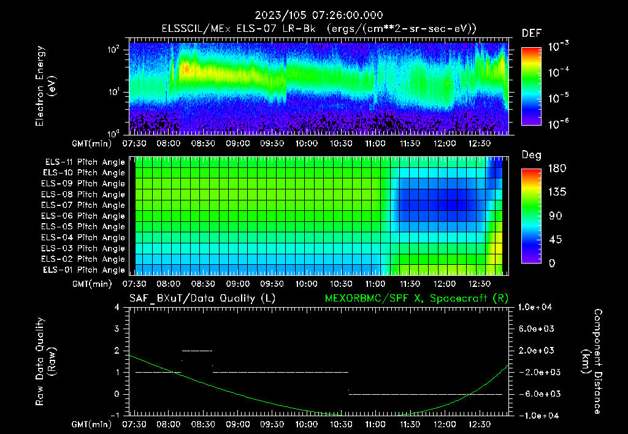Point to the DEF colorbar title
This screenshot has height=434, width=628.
531,34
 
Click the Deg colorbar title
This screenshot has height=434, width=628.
531,155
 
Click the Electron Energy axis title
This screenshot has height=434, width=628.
46,86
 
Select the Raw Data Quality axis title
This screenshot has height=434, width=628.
46,362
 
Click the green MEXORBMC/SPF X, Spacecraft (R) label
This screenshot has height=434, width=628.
416,298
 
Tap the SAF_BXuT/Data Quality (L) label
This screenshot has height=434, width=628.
202,298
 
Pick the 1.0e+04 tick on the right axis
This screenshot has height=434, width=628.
537,307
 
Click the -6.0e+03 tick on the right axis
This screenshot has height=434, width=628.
537,394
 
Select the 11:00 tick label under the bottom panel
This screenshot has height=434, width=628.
375,424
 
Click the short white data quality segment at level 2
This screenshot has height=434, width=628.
197,351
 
